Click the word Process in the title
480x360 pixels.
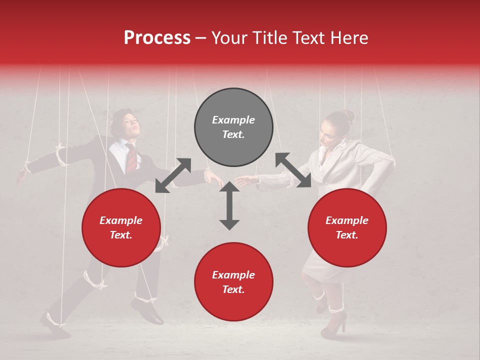click(x=157, y=38)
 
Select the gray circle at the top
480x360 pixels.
click(x=233, y=127)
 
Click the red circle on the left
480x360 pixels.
click(x=121, y=227)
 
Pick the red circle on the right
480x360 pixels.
click(x=347, y=227)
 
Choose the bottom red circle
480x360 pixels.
click(x=233, y=282)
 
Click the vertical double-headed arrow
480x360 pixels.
click(x=229, y=205)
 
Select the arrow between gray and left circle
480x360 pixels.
click(x=173, y=175)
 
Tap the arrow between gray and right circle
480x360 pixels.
click(x=293, y=170)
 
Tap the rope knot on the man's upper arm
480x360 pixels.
click(x=61, y=156)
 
